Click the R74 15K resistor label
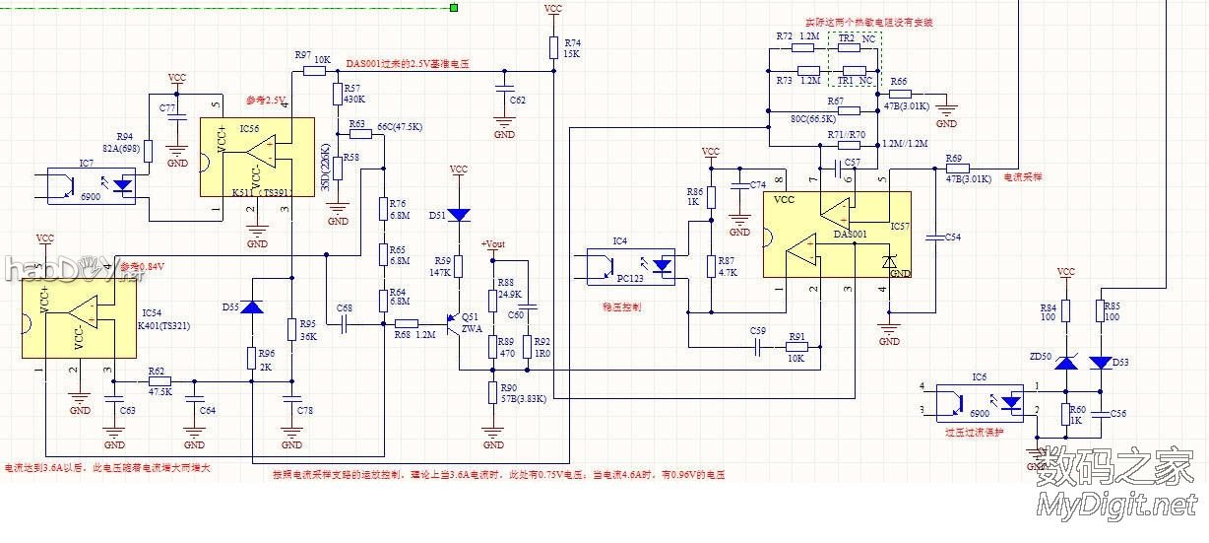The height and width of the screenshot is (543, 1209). click(x=572, y=48)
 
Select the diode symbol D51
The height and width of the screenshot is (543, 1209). click(x=458, y=214)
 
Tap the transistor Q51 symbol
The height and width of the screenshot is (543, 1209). click(x=454, y=323)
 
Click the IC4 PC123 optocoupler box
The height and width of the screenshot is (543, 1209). click(x=630, y=265)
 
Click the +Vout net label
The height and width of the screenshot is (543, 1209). click(x=492, y=244)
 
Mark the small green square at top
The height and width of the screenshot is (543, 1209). click(x=454, y=8)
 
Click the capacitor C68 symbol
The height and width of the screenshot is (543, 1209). click(x=345, y=323)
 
